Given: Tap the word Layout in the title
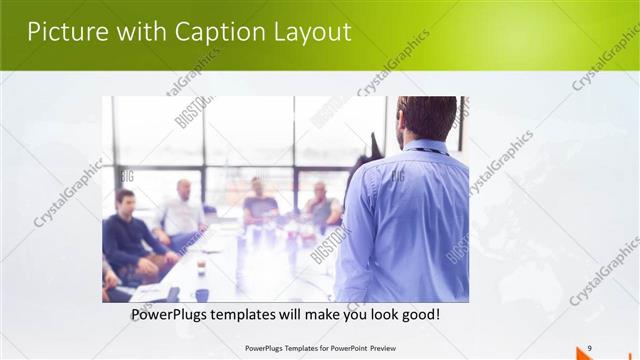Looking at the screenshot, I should (x=312, y=32).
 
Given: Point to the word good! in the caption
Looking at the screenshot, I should (x=416, y=315).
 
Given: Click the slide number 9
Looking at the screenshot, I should (x=590, y=347).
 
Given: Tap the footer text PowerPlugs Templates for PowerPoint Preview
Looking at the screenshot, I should (x=319, y=348).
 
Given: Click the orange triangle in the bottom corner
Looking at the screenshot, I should (x=585, y=353).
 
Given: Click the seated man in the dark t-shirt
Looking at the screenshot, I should (x=260, y=205).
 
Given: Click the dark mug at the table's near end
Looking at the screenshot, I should (x=201, y=295).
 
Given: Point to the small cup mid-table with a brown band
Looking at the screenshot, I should (x=201, y=264).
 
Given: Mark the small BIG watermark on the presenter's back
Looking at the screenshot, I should (x=398, y=176).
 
